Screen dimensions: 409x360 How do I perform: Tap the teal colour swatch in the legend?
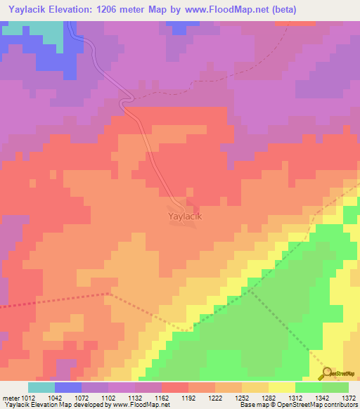coord(41,387)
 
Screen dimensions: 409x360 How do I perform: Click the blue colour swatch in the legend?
coord(68,387)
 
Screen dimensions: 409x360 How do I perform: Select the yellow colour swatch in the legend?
coord(282,387)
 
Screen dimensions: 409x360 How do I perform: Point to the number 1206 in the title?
coord(120,10)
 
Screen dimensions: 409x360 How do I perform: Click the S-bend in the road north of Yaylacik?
coord(126,103)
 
